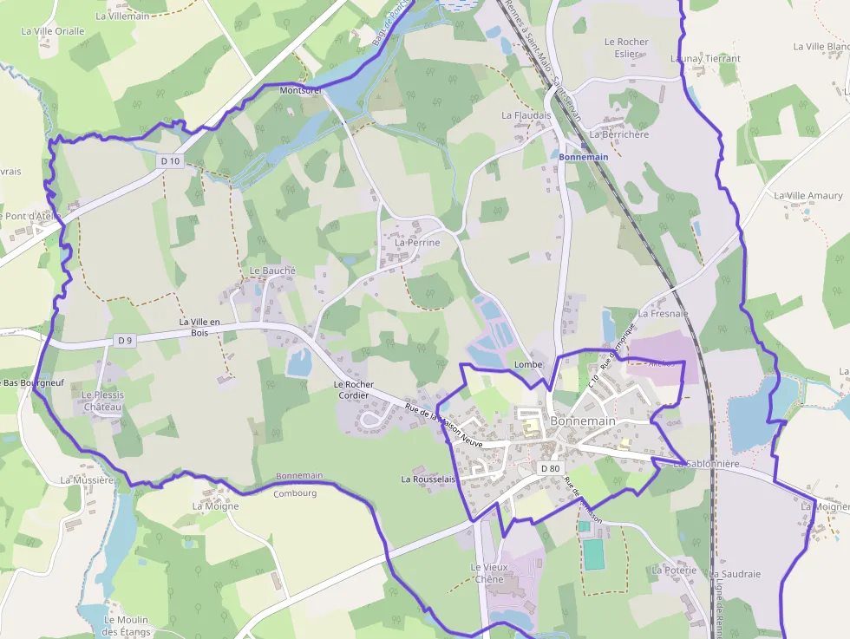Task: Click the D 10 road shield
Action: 170,161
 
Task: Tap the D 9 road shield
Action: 125,341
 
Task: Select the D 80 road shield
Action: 550,469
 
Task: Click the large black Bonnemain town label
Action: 582,421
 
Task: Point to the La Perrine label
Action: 417,243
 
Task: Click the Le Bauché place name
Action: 272,271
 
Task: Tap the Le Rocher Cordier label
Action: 354,390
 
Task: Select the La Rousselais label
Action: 428,479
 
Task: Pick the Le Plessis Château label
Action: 103,401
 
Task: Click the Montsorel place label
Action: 301,90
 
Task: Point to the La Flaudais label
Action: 526,114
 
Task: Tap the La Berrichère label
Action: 618,134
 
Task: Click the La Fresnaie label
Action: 663,314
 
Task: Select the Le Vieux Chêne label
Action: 487,573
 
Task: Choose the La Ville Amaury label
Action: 808,196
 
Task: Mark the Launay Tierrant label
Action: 705,58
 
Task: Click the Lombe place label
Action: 528,364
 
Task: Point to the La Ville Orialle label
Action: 53,31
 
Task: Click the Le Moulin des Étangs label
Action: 126,626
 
